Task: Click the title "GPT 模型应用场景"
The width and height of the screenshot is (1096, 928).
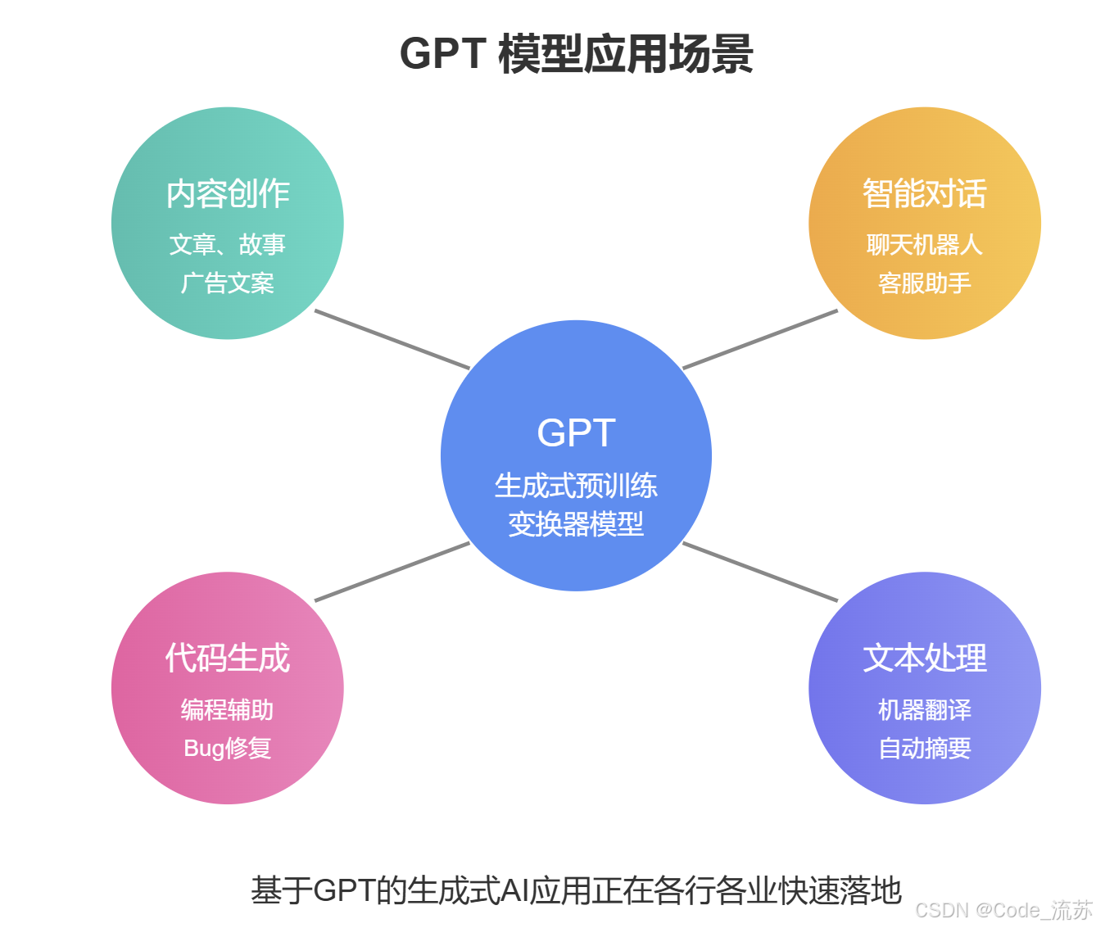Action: point(576,54)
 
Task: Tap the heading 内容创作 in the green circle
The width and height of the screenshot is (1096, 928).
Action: point(228,194)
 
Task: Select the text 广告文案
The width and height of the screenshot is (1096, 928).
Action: point(228,283)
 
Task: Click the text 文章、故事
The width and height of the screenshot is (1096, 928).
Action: point(228,244)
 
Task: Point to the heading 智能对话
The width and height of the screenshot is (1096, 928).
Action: point(924,194)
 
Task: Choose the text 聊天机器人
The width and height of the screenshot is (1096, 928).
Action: point(924,244)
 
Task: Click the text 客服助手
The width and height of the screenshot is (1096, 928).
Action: point(924,283)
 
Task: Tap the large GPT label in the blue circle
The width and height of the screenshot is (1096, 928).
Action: point(576,432)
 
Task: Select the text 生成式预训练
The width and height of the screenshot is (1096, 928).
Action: point(576,486)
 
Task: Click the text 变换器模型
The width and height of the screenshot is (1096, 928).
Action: point(576,524)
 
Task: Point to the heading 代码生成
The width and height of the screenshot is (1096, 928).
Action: point(228,659)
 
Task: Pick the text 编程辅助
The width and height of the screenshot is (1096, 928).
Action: point(228,709)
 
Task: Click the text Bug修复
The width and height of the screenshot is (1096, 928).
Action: point(228,748)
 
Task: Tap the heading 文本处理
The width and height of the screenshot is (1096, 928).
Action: point(924,659)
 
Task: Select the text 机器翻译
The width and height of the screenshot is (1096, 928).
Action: point(924,709)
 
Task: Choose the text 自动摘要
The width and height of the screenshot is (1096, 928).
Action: point(924,748)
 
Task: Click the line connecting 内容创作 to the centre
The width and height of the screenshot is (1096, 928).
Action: point(392,339)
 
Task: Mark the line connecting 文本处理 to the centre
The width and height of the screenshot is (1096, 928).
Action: point(760,572)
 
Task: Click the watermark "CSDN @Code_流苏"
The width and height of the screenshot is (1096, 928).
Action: point(1003,910)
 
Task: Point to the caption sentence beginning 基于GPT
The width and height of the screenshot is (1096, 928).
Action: point(576,890)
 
